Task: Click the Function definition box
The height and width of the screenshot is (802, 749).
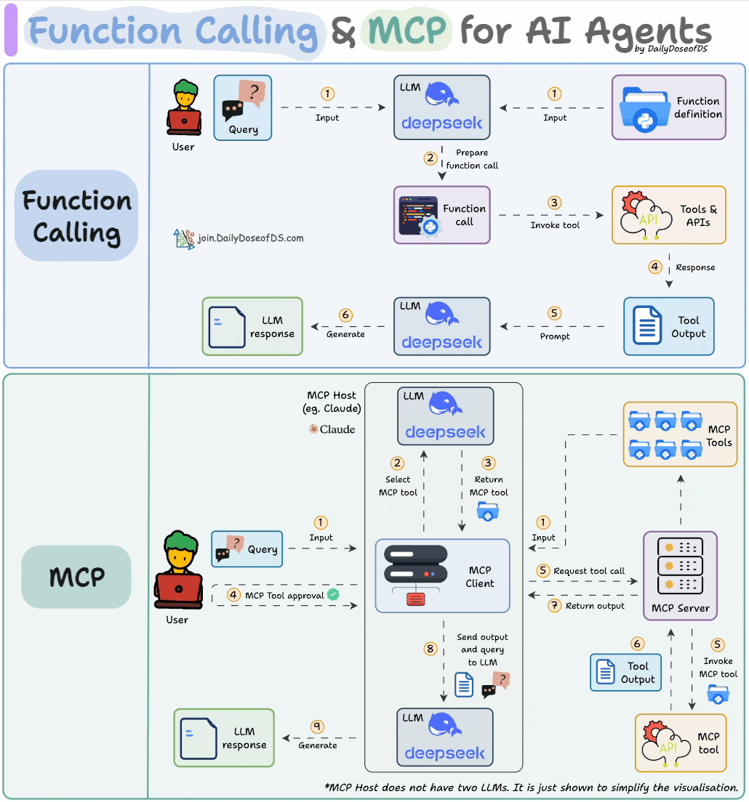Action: coord(668,108)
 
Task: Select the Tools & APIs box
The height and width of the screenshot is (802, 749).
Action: coord(668,215)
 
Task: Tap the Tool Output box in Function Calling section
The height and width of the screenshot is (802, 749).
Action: coord(668,326)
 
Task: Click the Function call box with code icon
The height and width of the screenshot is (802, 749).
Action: coord(442,215)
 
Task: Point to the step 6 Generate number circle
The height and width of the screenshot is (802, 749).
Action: coord(345,315)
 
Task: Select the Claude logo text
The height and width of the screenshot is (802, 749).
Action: coord(332,429)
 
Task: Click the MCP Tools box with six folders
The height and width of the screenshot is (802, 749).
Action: coord(680,435)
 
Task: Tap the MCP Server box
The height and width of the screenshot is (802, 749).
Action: coord(680,576)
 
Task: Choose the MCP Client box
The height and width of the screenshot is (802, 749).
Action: coord(442,576)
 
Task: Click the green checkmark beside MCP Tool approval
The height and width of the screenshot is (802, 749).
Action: coord(334,594)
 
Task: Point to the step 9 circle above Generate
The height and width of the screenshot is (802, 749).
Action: coord(317,726)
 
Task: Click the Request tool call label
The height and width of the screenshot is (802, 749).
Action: coord(588,571)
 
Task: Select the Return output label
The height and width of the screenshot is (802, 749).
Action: coord(595,605)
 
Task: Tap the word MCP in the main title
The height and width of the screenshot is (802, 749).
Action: coord(407,31)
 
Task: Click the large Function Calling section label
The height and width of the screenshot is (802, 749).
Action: coord(76,216)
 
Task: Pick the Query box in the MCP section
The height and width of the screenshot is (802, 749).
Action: coord(247,549)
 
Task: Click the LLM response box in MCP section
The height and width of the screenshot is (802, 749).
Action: coord(224,738)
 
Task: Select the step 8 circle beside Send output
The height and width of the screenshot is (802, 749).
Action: coord(429,648)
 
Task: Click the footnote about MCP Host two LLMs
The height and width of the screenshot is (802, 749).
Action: coord(531,787)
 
